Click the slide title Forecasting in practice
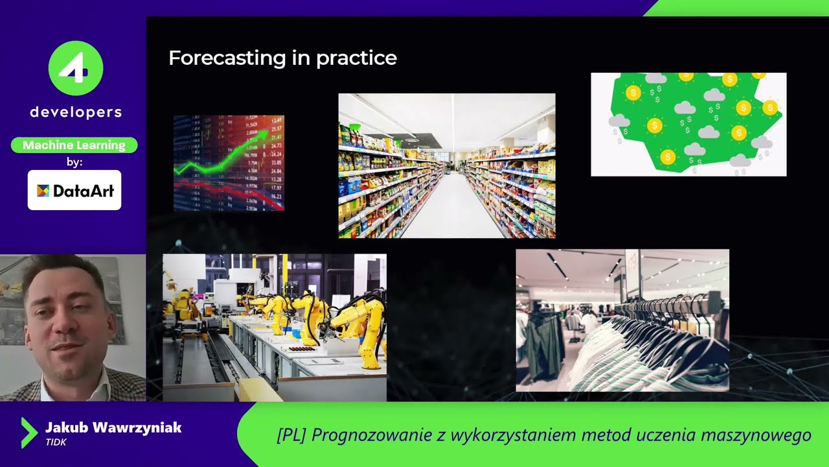(282, 58)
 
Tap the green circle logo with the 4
(76, 67)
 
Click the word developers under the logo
(76, 112)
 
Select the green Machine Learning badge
(74, 145)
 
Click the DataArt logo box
(74, 190)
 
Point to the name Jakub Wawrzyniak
(113, 427)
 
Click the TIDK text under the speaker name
(56, 442)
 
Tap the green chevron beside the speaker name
(28, 433)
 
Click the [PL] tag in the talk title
(291, 435)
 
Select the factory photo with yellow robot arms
(275, 327)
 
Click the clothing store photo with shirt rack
(622, 320)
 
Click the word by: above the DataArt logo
(74, 162)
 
